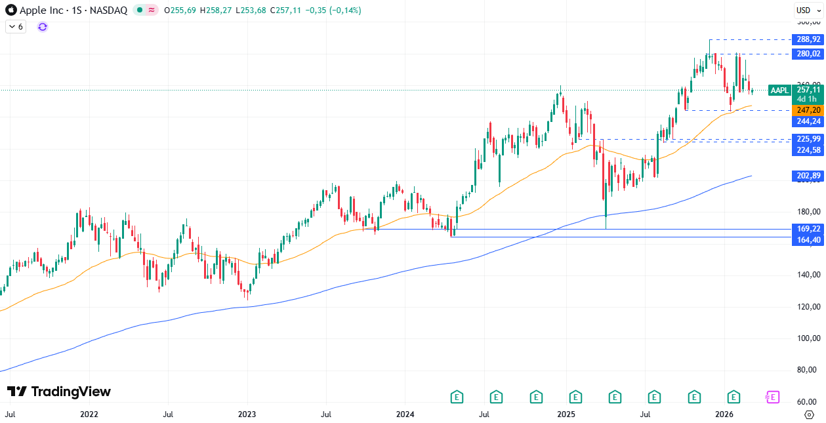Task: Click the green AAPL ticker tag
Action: pos(779,90)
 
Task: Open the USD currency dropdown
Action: pos(804,10)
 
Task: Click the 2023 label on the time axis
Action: pos(247,414)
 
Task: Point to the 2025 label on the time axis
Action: pos(566,414)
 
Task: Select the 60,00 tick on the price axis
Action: pos(808,402)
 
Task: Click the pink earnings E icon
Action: pos(772,397)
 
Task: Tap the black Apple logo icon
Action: pos(11,10)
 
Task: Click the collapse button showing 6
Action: pos(16,27)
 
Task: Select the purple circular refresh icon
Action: pos(43,27)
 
